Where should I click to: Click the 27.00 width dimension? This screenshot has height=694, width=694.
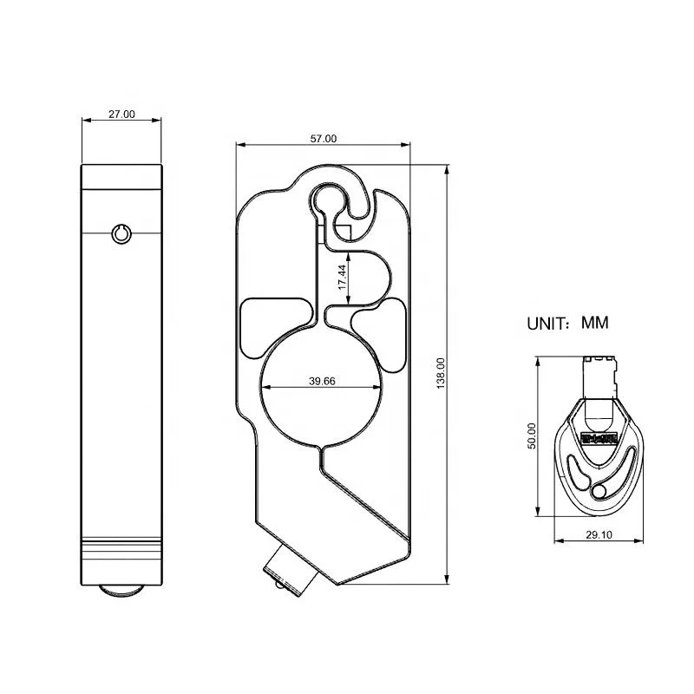point(121,114)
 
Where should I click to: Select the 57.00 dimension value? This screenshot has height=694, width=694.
point(324,138)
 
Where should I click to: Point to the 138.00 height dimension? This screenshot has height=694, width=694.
point(441,373)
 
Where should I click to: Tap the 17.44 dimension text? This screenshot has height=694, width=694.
point(343,277)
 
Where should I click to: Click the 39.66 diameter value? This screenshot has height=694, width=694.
point(322,381)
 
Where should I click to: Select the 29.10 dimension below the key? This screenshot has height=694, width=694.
point(599,535)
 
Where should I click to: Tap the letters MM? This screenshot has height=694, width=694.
point(595,323)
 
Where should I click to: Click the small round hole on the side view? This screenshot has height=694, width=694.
point(121,232)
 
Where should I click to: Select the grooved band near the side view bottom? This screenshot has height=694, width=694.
point(121,549)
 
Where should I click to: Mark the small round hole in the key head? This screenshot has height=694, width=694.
point(598,491)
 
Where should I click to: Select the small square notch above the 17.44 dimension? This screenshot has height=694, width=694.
point(343,232)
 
